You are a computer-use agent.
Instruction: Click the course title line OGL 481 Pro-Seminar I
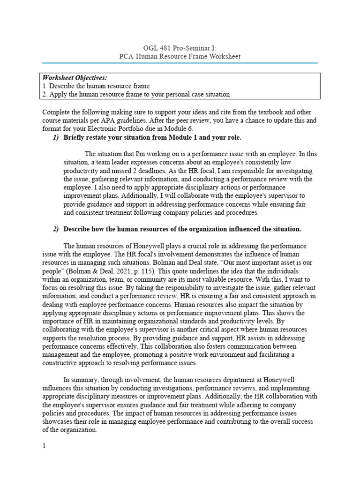[x=180, y=48]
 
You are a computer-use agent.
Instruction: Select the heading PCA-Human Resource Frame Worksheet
[x=180, y=57]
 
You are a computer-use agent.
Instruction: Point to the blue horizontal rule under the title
[x=180, y=63]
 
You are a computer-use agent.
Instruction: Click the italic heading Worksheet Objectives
[x=75, y=77]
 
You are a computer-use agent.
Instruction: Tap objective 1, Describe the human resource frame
[x=96, y=86]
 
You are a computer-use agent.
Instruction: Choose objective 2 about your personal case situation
[x=136, y=94]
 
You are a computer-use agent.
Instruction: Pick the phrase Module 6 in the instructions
[x=180, y=129]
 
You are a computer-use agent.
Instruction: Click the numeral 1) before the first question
[x=56, y=137]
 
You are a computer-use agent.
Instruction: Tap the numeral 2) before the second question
[x=56, y=229]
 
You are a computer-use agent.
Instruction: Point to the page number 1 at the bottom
[x=44, y=446]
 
